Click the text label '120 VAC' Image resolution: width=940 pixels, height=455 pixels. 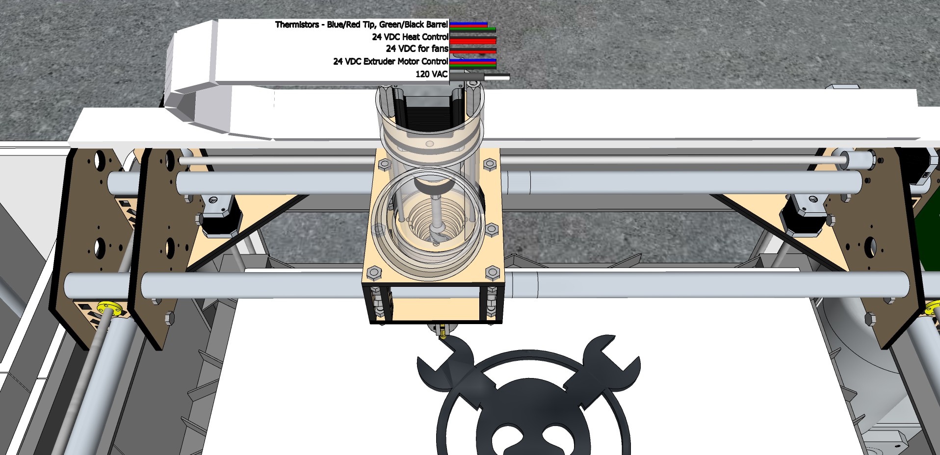point(431,74)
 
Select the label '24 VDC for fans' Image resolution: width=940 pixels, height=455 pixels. point(417,49)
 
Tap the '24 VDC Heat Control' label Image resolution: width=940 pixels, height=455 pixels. point(410,37)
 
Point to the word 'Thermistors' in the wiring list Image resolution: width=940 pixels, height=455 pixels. point(297,25)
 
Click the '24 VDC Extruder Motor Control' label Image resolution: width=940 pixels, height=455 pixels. point(391,62)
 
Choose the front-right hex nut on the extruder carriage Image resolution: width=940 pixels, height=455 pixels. point(492,272)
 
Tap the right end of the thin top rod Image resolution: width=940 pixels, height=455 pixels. point(846,159)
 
